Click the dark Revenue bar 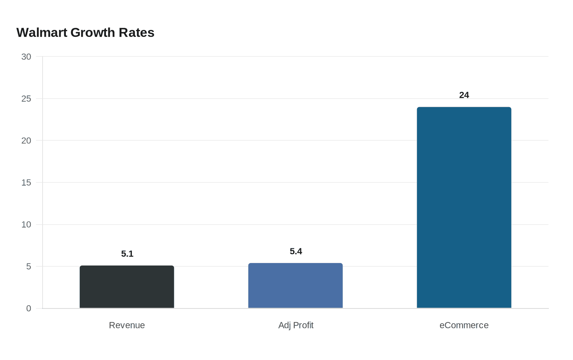click(127, 287)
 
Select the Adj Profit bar click(296, 286)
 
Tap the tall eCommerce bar click(464, 207)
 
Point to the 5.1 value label click(127, 254)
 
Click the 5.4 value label click(296, 252)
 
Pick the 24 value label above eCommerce click(464, 95)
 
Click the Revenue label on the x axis click(127, 325)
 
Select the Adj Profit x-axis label click(296, 325)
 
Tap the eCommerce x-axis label click(464, 325)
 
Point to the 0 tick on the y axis click(29, 308)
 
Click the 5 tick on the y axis click(29, 267)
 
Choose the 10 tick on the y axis click(26, 225)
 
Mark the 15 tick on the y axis click(26, 182)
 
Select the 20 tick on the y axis click(26, 141)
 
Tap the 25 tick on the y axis click(26, 99)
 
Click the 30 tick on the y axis click(26, 57)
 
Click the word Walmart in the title click(42, 33)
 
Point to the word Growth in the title click(93, 33)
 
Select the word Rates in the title click(136, 33)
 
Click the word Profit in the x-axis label click(303, 325)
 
